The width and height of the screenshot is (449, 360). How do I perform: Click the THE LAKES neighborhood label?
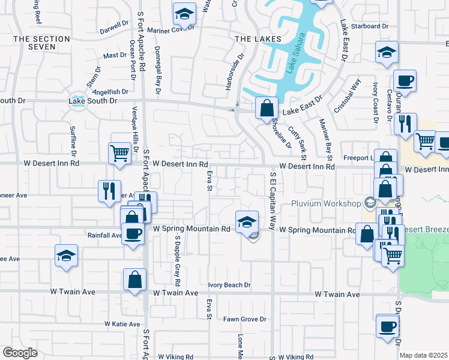[x=249, y=38]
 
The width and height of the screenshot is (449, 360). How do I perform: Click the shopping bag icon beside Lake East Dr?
[x=267, y=109]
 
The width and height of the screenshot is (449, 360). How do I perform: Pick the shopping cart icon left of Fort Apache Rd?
[x=119, y=154]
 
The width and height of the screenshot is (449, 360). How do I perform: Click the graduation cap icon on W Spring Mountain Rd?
[x=246, y=222]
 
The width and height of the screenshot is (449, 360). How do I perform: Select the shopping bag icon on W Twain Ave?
[x=134, y=280]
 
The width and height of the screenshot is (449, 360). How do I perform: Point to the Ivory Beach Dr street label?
[x=229, y=286]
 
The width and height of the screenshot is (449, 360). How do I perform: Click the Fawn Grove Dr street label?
[x=244, y=319]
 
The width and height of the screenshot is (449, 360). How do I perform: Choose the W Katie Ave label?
[x=122, y=324]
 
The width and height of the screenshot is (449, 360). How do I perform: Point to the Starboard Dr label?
[x=370, y=26]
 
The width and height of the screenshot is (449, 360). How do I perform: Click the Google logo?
[x=20, y=353]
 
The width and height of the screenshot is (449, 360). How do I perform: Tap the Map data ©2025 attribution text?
[x=423, y=355]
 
